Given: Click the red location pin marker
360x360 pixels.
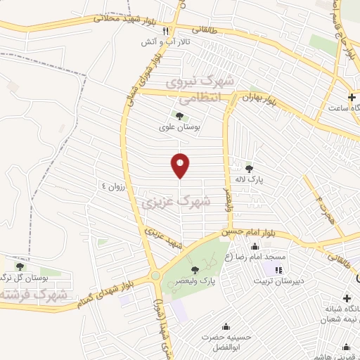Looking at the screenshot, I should pos(180,165).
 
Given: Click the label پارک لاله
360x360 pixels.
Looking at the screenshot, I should pos(248,180).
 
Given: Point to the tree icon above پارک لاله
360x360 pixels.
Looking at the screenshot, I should pos(248,168).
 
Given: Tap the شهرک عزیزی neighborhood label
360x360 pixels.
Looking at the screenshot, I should pos(176,202).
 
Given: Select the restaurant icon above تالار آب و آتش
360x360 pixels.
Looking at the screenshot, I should pos(167,32).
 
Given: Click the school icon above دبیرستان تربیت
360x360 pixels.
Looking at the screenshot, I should pos(278,270).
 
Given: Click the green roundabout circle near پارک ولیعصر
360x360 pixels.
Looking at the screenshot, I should pos(155,276).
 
